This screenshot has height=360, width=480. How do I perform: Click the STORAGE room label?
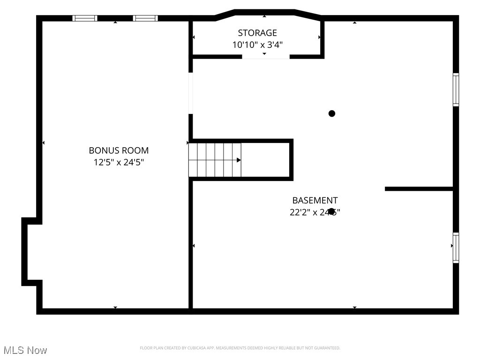click(x=257, y=33)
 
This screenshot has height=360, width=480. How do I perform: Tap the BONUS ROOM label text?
click(x=119, y=150)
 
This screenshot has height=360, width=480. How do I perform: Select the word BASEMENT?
click(x=315, y=200)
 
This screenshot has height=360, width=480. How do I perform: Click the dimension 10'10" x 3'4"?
click(x=257, y=45)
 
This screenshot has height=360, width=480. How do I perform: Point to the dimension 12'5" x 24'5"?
click(x=119, y=163)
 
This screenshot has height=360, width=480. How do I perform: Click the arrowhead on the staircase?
click(x=239, y=160)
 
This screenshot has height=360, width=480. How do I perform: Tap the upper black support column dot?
click(x=332, y=113)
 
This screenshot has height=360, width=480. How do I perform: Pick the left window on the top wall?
click(x=85, y=18)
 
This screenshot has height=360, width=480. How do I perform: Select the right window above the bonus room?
click(x=145, y=18)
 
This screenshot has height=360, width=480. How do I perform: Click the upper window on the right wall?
click(x=456, y=90)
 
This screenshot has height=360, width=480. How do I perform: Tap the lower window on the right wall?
click(x=456, y=247)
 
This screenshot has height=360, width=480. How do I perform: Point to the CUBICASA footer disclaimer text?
click(x=240, y=348)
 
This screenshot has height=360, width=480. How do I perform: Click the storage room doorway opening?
click(x=266, y=57)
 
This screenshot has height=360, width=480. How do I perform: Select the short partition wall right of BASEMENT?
click(x=419, y=189)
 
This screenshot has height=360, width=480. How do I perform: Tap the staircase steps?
click(x=215, y=160)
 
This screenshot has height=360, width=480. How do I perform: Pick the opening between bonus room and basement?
click(x=191, y=93)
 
